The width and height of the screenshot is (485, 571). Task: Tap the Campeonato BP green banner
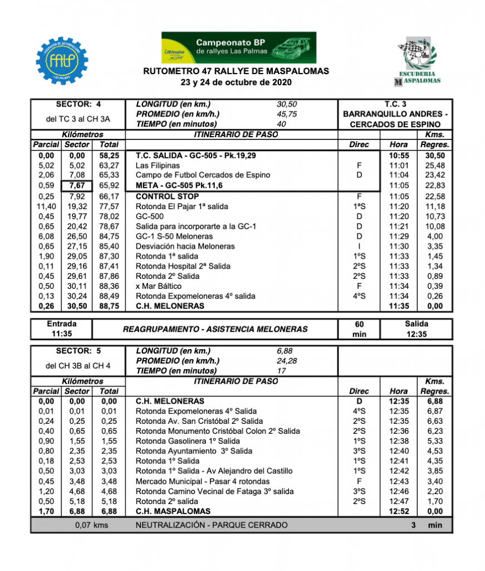[238, 47]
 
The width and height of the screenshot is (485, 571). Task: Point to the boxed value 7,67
[77, 185]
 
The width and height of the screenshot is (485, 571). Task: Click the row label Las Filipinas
[158, 165]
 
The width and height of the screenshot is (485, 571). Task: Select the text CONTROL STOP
[167, 196]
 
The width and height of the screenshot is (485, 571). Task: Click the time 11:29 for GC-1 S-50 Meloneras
[398, 236]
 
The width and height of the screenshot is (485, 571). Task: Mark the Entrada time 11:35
[62, 334]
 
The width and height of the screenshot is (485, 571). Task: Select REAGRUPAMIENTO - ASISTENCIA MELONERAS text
[215, 329]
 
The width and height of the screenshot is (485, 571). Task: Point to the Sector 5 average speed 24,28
[287, 361]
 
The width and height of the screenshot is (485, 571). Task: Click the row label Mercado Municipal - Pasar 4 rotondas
[203, 481]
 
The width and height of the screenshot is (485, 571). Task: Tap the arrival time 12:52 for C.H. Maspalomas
[398, 511]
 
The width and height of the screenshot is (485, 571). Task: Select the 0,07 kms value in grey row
[92, 525]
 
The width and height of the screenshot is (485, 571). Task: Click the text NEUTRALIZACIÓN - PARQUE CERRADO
[212, 525]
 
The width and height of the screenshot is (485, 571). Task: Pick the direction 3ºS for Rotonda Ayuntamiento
[359, 451]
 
